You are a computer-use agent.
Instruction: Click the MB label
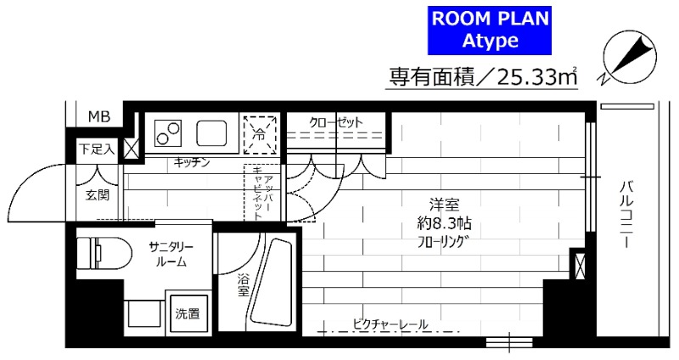click(x=99, y=115)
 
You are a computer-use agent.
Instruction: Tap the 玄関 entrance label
click(x=97, y=194)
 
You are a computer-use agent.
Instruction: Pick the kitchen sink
click(x=211, y=133)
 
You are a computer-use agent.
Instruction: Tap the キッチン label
click(x=192, y=162)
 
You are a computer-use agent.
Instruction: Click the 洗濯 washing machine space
click(x=188, y=313)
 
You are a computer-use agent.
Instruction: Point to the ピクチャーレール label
click(x=390, y=323)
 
